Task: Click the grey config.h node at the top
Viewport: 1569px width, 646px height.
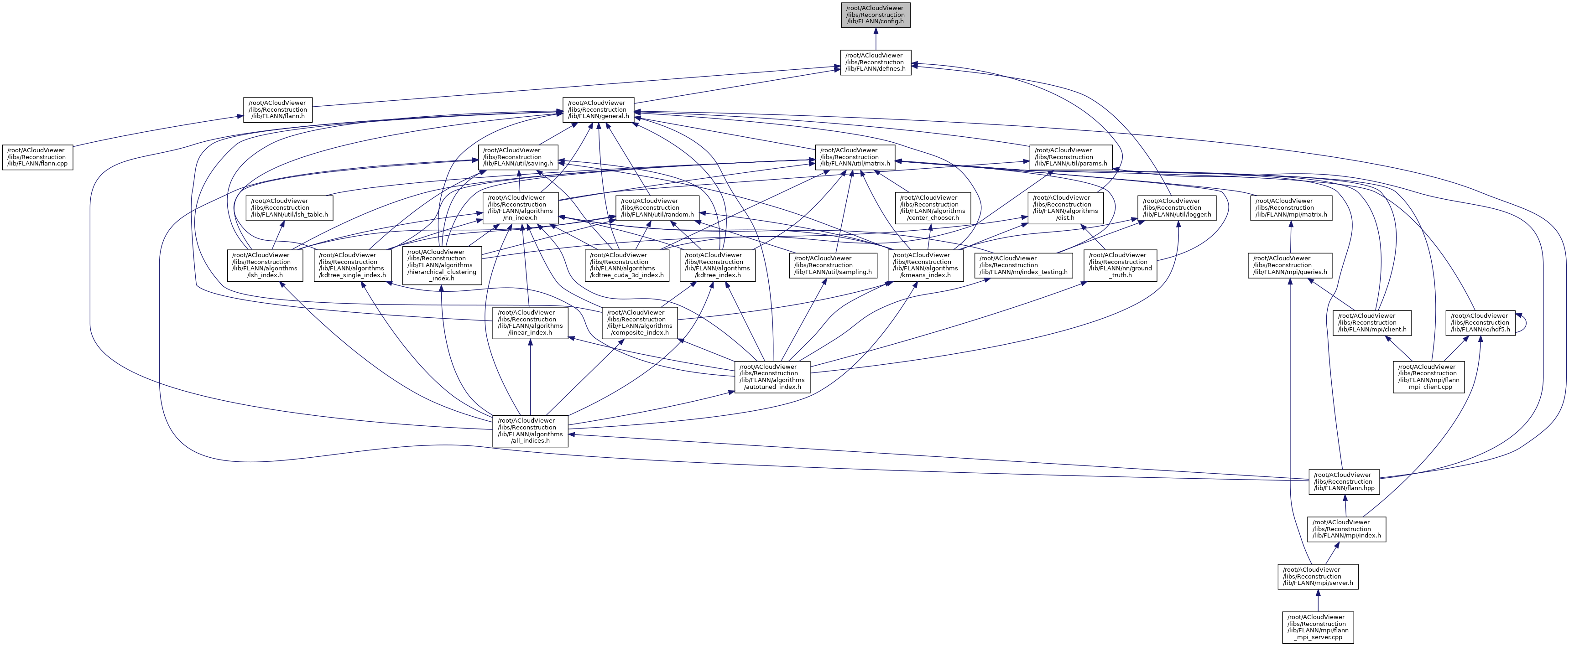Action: (875, 15)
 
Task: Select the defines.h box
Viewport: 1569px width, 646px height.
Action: (875, 62)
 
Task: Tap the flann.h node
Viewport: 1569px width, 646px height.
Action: (278, 109)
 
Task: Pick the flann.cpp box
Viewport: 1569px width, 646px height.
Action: (38, 157)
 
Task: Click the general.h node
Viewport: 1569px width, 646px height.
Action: (598, 109)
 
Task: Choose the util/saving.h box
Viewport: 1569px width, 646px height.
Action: (518, 157)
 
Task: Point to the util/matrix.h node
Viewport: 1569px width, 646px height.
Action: (855, 157)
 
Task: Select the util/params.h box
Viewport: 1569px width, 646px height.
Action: (1071, 157)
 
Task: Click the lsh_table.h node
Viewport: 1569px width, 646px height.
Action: (289, 207)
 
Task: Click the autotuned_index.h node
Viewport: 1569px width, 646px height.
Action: (772, 377)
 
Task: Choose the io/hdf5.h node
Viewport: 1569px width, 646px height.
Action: (1480, 323)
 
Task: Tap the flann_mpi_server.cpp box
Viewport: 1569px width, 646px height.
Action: (1318, 627)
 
